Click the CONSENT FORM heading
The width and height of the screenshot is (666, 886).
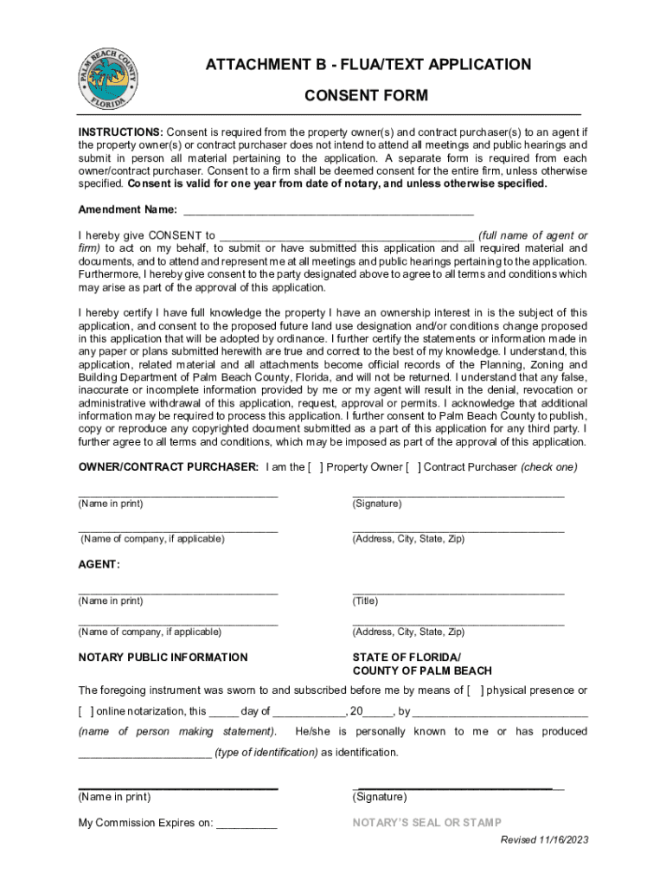point(366,95)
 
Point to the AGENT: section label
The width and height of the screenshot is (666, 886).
point(99,564)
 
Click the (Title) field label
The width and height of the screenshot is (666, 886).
point(365,600)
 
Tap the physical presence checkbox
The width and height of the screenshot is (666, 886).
point(475,690)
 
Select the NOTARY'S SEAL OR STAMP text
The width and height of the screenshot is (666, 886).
point(426,823)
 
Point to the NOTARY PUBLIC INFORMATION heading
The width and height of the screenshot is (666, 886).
point(163,658)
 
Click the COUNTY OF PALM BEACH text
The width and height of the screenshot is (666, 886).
point(422,671)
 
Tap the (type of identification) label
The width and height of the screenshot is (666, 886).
point(266,753)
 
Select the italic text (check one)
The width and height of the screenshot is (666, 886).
point(548,467)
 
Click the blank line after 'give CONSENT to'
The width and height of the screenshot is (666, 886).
point(346,235)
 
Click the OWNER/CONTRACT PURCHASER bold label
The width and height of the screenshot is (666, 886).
point(168,467)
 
